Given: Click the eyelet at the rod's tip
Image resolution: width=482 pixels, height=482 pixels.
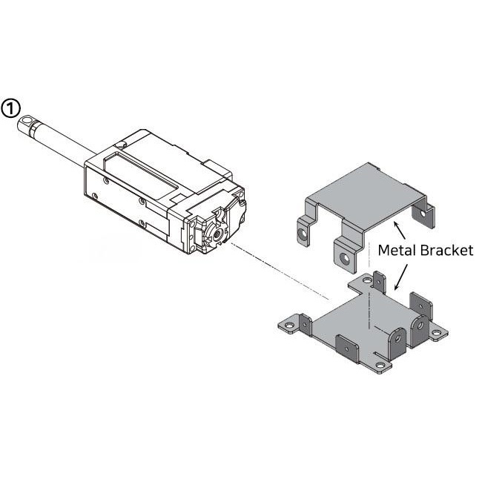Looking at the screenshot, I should tap(28, 119).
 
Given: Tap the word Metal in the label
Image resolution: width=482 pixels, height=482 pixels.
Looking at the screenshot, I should tap(394, 250).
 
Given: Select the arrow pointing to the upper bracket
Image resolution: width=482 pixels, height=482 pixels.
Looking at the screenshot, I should tap(400, 228).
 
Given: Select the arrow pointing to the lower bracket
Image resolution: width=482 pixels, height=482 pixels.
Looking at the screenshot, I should tap(400, 277).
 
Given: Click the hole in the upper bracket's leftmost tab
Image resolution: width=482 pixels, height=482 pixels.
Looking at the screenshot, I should tap(303, 234).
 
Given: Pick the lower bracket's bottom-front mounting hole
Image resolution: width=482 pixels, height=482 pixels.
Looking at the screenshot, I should tap(380, 366).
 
